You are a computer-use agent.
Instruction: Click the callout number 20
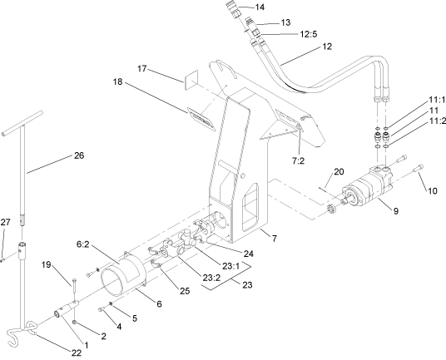click(338, 172)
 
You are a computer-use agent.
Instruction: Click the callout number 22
click(77, 353)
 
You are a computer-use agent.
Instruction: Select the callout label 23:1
click(220, 266)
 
